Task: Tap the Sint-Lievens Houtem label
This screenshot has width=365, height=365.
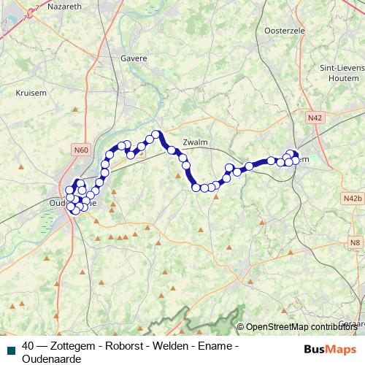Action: pos(341,74)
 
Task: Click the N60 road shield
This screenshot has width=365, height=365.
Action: pos(80,150)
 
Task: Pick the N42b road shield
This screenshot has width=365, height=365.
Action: pos(352,198)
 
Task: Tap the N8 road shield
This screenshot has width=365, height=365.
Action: pos(354,242)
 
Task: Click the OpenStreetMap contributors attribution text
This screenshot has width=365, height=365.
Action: pos(301,326)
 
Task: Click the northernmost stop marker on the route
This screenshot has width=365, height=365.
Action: pos(155,134)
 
